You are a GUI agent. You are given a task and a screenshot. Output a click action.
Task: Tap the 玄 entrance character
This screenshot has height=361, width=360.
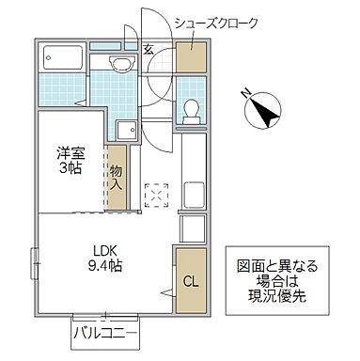[150, 49]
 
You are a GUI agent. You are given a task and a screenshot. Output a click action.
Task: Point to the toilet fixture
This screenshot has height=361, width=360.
[191, 109]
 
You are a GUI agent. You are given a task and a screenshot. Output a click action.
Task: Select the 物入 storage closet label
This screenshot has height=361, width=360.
[116, 178]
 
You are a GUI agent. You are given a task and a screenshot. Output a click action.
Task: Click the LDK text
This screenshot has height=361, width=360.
[103, 250]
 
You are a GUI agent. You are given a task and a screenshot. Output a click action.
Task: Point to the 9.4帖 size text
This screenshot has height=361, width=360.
[103, 266]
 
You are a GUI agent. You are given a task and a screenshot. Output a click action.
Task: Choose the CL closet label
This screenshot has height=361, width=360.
[189, 279]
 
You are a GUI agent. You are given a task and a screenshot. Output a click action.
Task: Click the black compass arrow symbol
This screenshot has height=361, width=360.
[265, 113]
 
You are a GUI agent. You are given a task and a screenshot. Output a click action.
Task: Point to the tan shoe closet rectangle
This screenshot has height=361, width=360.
[191, 58]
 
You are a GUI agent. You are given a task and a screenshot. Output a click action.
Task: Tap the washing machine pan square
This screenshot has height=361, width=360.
[125, 131]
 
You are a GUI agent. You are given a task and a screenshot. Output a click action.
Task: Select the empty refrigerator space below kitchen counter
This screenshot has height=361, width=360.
[192, 228]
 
